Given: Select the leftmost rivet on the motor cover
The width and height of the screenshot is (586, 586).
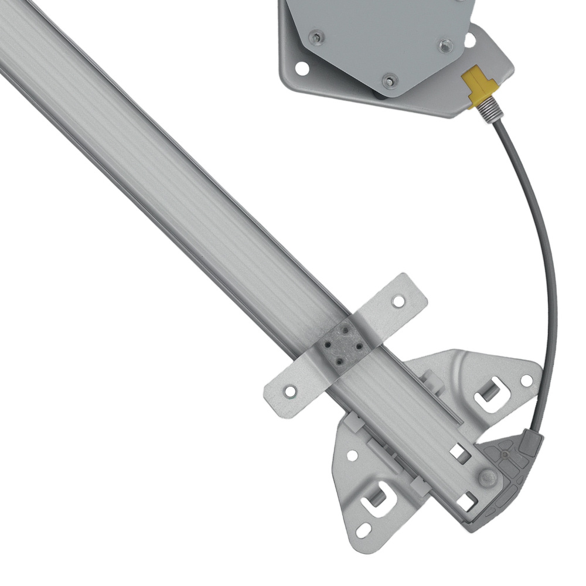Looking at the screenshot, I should click(316, 38).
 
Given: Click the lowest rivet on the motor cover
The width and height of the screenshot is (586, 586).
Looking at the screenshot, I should click(389, 80).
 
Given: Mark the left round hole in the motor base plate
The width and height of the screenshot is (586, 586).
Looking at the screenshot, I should click(302, 68).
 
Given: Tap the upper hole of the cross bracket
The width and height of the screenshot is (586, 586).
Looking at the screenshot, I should click(398, 302).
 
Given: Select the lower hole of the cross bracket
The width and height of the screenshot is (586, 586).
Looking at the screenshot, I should click(288, 390).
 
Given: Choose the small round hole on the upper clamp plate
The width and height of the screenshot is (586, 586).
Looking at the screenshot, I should click(526, 380).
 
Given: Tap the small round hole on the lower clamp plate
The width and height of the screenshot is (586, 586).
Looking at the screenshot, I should click(352, 455).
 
